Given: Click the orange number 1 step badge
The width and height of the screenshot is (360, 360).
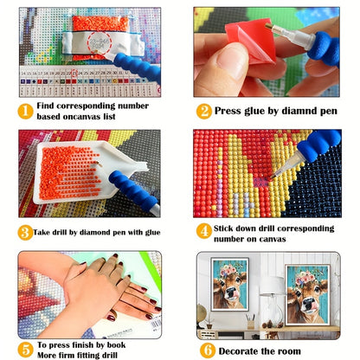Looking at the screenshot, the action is [x=25, y=112].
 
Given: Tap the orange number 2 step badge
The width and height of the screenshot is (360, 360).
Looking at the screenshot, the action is [x=204, y=112].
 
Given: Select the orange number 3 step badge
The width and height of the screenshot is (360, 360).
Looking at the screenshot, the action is [x=25, y=233].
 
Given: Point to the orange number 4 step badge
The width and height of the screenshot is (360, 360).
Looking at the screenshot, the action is [x=204, y=231].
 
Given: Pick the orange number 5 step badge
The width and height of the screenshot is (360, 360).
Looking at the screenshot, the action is [x=25, y=350].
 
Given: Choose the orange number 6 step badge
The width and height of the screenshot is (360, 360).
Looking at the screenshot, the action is [x=208, y=350].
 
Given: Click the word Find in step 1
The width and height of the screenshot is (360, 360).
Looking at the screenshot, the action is [x=45, y=106].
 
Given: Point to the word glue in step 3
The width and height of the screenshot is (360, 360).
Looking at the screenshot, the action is [x=152, y=233].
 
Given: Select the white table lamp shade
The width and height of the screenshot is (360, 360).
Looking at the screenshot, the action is [x=272, y=286].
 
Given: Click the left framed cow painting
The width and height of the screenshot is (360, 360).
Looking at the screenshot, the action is [x=229, y=285].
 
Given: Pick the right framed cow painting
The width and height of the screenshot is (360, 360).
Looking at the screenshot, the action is [x=307, y=295].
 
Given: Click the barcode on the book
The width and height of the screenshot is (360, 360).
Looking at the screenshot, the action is [x=155, y=325].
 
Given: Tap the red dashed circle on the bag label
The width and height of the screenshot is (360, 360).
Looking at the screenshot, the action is [x=99, y=42].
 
